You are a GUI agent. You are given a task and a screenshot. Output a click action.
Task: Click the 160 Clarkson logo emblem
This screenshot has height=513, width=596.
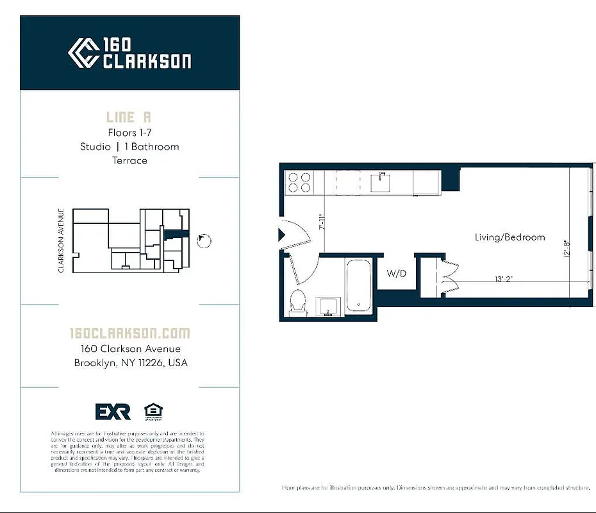point(83,53)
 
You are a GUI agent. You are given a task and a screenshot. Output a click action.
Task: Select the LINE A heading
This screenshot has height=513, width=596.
point(129,117)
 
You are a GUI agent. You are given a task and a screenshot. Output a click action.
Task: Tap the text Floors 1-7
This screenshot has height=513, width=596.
point(129,133)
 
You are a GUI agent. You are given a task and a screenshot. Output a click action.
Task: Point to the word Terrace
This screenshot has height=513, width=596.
point(129,160)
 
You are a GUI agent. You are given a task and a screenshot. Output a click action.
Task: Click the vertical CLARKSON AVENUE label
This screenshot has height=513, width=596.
point(62,240)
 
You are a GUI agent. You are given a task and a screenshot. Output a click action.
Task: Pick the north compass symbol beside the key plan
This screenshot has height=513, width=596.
point(204,240)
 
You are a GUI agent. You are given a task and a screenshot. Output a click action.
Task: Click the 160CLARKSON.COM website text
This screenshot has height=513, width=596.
point(129,333)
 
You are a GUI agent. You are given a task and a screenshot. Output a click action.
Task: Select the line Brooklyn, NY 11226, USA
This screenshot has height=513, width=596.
point(130,363)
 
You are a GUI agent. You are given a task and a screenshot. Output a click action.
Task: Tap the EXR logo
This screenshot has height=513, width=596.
point(113,411)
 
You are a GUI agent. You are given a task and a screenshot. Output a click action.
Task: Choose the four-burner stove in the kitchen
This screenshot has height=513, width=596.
point(299,181)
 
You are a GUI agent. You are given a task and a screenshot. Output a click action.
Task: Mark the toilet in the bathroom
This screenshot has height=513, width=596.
point(298,303)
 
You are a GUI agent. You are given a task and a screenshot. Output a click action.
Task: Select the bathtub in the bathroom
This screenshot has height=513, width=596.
point(359,285)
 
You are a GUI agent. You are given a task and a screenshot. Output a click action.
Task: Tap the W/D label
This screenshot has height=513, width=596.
point(397,274)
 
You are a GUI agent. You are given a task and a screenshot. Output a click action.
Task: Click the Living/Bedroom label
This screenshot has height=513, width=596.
point(509,237)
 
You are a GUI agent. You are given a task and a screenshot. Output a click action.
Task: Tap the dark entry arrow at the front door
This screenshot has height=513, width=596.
point(281,236)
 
